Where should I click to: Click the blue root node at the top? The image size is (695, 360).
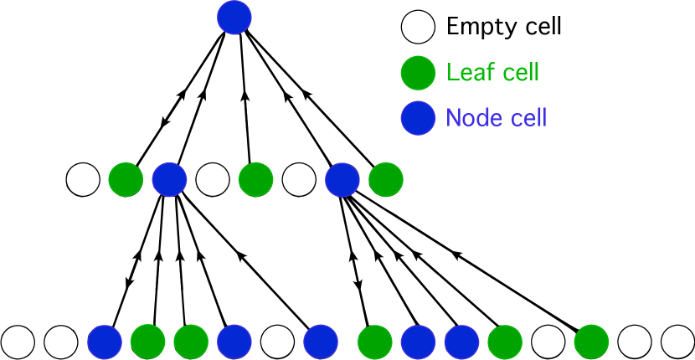234,17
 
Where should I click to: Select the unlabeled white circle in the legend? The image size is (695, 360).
418,26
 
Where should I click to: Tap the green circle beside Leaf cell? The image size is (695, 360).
418,73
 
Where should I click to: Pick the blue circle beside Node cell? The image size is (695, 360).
418,118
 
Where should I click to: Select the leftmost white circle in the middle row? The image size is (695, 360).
83,179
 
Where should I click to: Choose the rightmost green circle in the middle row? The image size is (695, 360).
385,179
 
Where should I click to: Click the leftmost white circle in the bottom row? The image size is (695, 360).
18,342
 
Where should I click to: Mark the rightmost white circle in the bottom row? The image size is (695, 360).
677,342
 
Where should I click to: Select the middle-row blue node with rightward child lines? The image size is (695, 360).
342,179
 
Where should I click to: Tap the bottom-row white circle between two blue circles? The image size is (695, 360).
277,342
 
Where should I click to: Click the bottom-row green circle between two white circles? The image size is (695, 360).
591,342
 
